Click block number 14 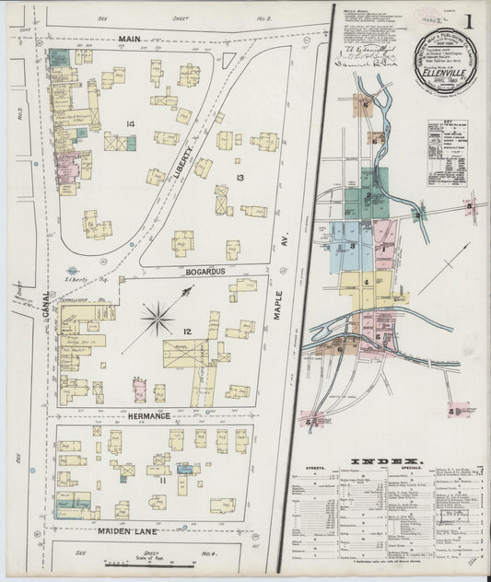pyautogui.click(x=131, y=123)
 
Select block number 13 pyautogui.click(x=239, y=177)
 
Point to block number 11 pyautogui.click(x=162, y=480)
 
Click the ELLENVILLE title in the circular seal pyautogui.click(x=445, y=66)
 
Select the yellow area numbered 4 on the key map pyautogui.click(x=366, y=282)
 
